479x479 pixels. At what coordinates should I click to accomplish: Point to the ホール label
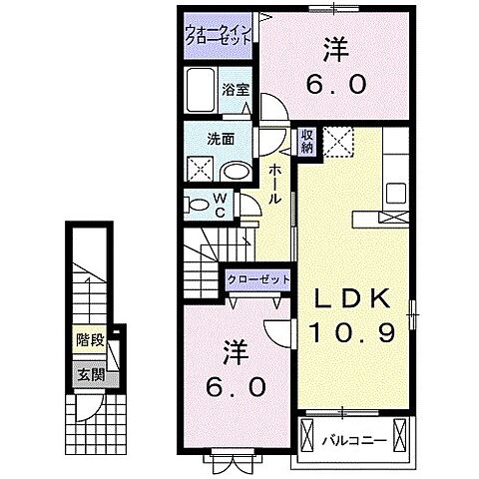coord(274,186)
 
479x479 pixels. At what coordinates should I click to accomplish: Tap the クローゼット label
coord(258,280)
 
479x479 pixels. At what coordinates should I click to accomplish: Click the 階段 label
coord(89,339)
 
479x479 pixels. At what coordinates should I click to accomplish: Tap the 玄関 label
coord(89,376)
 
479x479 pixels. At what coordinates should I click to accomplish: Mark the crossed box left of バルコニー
coord(307,435)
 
